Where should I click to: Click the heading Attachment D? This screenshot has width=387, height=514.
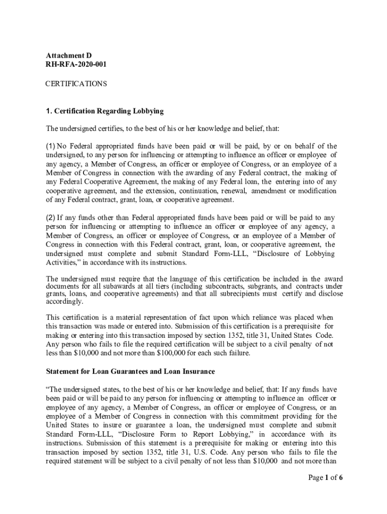click(69, 55)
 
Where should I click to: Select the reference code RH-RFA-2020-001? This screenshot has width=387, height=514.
click(76, 64)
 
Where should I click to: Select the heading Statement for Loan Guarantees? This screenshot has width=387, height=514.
click(130, 371)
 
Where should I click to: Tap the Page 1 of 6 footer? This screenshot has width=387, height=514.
click(325, 477)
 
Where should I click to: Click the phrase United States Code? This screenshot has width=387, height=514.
click(302, 335)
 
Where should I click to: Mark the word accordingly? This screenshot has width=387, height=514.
click(64, 302)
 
